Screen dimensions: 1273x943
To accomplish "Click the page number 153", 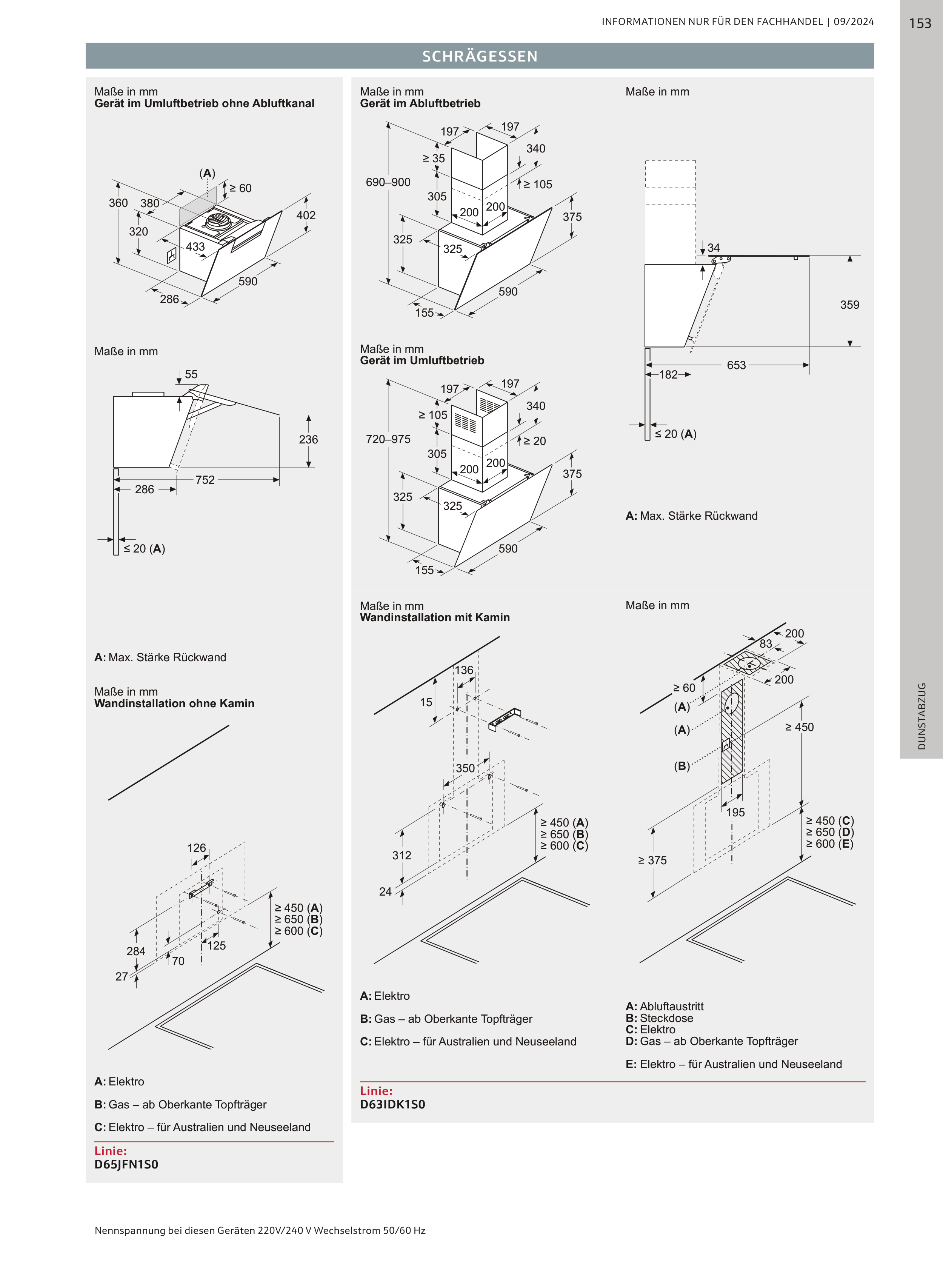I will click(920, 23).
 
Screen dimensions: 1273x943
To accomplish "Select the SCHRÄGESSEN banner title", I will click(480, 56).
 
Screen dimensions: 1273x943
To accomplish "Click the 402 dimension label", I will click(306, 215).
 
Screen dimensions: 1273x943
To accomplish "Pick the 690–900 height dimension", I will click(388, 182).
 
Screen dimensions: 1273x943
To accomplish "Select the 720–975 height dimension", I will click(388, 439).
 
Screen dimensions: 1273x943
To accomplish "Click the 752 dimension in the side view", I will click(205, 480).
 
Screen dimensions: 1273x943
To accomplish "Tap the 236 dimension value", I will click(308, 440).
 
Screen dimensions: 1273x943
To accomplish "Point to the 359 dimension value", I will click(849, 305).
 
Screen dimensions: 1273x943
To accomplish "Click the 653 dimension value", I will click(736, 365).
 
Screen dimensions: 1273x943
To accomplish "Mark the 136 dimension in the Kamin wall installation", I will click(464, 670).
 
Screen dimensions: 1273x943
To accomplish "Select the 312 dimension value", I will click(402, 855).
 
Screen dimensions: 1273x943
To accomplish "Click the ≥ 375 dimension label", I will click(652, 860).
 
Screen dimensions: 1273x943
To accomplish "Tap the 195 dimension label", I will click(735, 812).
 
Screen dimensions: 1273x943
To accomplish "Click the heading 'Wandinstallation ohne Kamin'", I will click(174, 703).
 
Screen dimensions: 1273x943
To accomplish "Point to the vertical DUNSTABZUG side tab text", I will click(921, 716).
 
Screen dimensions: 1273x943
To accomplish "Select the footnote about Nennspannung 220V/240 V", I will click(260, 1230).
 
